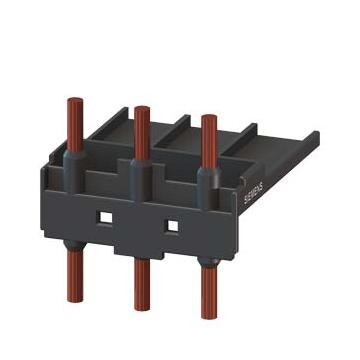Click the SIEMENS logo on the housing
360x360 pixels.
point(254,193)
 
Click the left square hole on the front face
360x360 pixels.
point(106,218)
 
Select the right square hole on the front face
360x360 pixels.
point(172,226)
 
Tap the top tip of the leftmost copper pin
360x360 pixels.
point(75,98)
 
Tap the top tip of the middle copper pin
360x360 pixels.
point(142,107)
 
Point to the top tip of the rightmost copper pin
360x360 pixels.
point(209,115)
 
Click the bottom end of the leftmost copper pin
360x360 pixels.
point(75,301)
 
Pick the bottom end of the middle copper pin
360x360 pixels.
point(142,309)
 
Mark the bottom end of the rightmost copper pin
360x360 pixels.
point(209,317)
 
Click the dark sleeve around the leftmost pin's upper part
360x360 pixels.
point(74,171)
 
